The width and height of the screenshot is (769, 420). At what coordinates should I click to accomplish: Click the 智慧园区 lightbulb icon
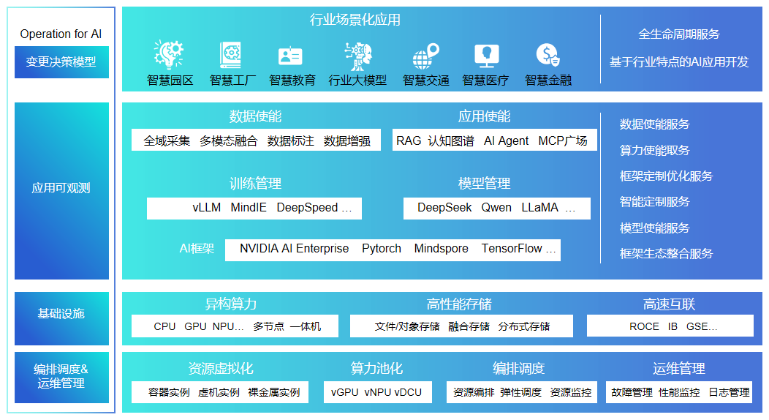pyautogui.click(x=169, y=54)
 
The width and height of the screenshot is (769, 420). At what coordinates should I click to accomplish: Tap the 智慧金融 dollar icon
pyautogui.click(x=548, y=55)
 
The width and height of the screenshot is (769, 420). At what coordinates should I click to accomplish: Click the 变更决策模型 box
pyautogui.click(x=61, y=62)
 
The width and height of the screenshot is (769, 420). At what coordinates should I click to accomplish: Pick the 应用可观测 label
pyautogui.click(x=61, y=188)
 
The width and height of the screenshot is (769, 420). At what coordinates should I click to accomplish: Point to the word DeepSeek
pyautogui.click(x=444, y=208)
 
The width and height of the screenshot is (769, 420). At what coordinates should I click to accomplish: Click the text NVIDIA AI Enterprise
pyautogui.click(x=294, y=249)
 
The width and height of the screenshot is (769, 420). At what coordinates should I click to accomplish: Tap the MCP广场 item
pyautogui.click(x=563, y=140)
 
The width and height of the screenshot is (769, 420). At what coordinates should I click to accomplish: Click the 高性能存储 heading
pyautogui.click(x=459, y=304)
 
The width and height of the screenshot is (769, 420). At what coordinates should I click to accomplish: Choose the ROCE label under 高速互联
pyautogui.click(x=644, y=326)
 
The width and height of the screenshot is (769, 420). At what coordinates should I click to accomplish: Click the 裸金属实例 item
pyautogui.click(x=273, y=392)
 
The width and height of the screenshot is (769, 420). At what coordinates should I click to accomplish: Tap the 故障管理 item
pyautogui.click(x=632, y=392)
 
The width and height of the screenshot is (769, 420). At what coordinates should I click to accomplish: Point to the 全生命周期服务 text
pyautogui.click(x=679, y=34)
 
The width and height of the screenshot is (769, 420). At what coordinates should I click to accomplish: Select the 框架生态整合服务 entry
pyautogui.click(x=666, y=254)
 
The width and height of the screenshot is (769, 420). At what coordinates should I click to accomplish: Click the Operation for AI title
pyautogui.click(x=61, y=34)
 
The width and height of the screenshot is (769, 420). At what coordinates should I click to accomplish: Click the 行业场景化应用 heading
pyautogui.click(x=355, y=20)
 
